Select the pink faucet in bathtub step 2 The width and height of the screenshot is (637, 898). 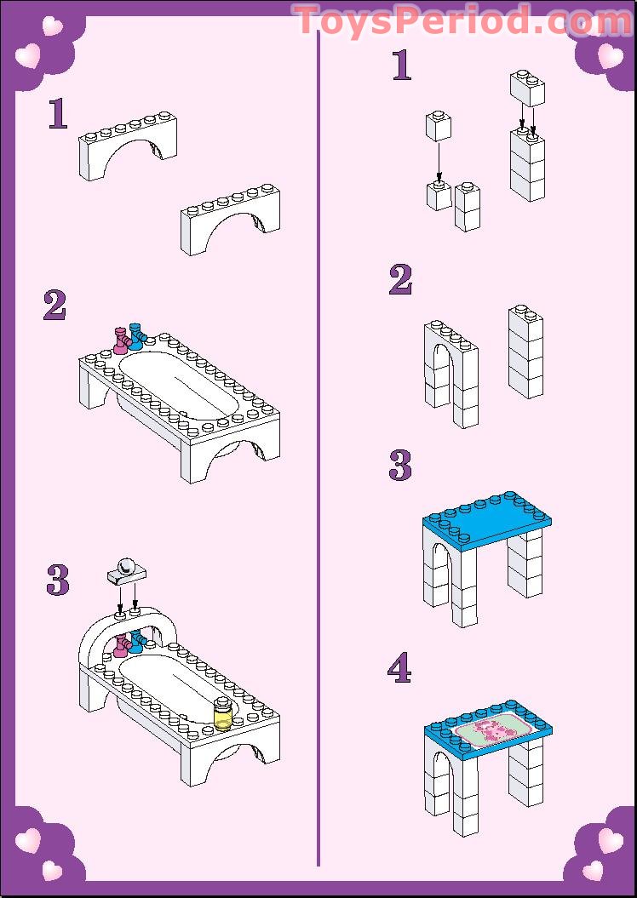click(121, 339)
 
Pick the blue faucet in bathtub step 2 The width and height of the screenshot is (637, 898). click(136, 335)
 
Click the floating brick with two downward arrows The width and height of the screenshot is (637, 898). click(527, 89)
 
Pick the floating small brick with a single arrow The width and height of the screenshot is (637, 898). click(438, 127)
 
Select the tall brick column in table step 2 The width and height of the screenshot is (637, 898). click(525, 352)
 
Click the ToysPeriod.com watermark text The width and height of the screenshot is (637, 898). click(462, 20)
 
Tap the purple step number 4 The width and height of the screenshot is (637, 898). click(399, 669)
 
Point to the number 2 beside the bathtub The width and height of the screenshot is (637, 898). click(55, 306)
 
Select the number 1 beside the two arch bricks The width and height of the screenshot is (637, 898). click(57, 114)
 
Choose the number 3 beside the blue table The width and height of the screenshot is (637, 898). click(399, 466)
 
